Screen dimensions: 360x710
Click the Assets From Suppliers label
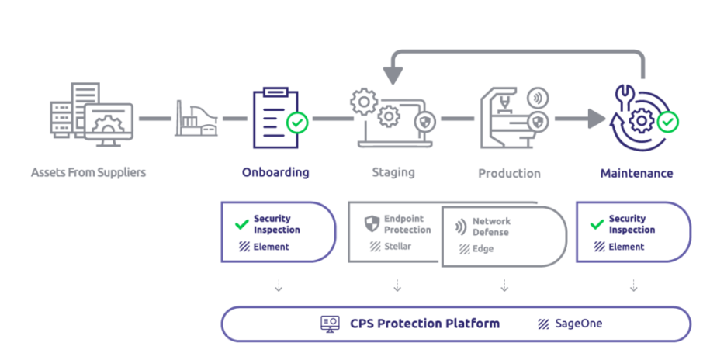click(x=88, y=172)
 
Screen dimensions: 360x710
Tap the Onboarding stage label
click(x=275, y=172)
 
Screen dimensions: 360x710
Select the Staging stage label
click(x=393, y=172)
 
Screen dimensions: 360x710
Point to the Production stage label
click(x=509, y=173)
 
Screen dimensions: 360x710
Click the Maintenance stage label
click(x=636, y=172)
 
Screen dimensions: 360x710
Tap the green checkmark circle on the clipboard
click(x=296, y=123)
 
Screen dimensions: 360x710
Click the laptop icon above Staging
click(x=392, y=120)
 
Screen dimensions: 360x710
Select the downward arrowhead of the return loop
click(x=394, y=75)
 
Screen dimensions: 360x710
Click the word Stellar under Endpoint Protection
click(x=398, y=247)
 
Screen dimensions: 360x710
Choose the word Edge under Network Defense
click(x=483, y=249)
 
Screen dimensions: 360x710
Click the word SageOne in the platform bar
click(x=579, y=324)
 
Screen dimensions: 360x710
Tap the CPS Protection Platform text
click(x=424, y=324)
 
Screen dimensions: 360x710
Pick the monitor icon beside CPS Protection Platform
click(x=331, y=324)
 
